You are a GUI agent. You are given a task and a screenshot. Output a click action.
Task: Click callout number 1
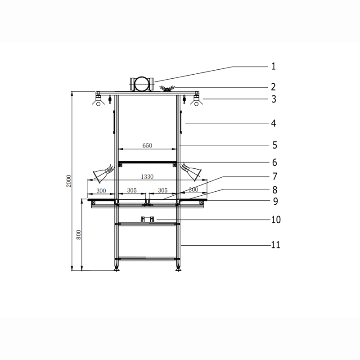click(274, 66)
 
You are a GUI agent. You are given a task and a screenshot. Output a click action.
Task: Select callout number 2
click(273, 87)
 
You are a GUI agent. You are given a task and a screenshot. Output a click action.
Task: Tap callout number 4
click(274, 123)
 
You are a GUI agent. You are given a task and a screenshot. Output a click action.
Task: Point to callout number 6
click(274, 162)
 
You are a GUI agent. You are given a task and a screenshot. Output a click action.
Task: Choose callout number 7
click(274, 176)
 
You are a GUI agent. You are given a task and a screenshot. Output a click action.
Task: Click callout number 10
click(276, 220)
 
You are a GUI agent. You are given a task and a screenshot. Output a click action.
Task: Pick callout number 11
click(276, 245)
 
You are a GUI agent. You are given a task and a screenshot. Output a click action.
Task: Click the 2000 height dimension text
click(69, 181)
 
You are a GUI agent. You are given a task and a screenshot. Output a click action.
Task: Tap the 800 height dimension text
click(78, 234)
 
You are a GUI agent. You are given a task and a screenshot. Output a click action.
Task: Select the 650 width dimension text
click(147, 145)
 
